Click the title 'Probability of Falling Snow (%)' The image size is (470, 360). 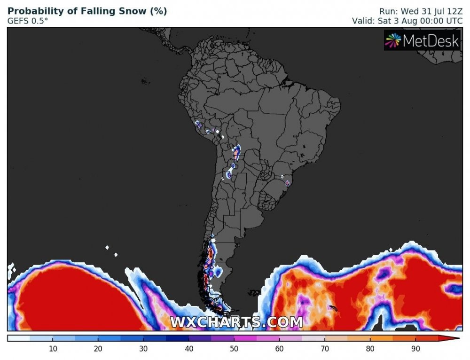pyautogui.click(x=87, y=11)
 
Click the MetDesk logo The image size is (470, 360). pyautogui.click(x=422, y=41)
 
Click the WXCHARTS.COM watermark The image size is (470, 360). pyautogui.click(x=236, y=322)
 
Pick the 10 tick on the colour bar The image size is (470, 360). pyautogui.click(x=53, y=348)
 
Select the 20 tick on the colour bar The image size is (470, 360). pyautogui.click(x=98, y=348)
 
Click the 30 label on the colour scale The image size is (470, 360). pyautogui.click(x=144, y=348)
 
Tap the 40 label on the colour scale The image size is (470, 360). pyautogui.click(x=189, y=348)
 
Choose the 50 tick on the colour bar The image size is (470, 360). pyautogui.click(x=235, y=348)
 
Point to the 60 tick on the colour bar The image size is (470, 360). pyautogui.click(x=280, y=348)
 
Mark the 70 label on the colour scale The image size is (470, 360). pyautogui.click(x=325, y=348)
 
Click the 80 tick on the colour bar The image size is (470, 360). pyautogui.click(x=371, y=348)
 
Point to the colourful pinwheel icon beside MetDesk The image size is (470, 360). pyautogui.click(x=393, y=41)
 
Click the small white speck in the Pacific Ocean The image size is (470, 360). pyautogui.click(x=108, y=247)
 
